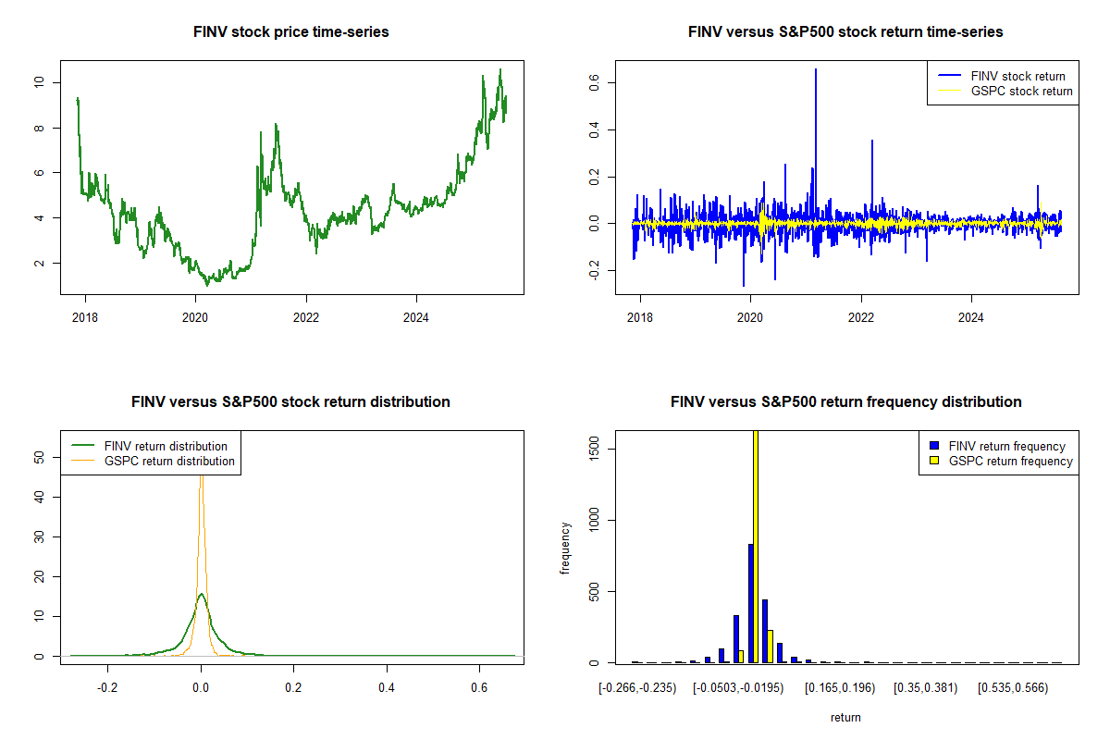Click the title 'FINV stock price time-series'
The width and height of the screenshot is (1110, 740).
click(x=291, y=31)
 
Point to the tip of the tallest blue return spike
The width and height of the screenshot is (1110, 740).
click(x=815, y=68)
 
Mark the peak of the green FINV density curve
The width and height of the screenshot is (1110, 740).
click(x=201, y=594)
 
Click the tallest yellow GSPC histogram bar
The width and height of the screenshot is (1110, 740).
click(x=756, y=546)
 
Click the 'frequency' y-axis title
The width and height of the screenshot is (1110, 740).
click(x=565, y=547)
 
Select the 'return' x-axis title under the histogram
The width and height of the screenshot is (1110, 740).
click(x=845, y=717)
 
